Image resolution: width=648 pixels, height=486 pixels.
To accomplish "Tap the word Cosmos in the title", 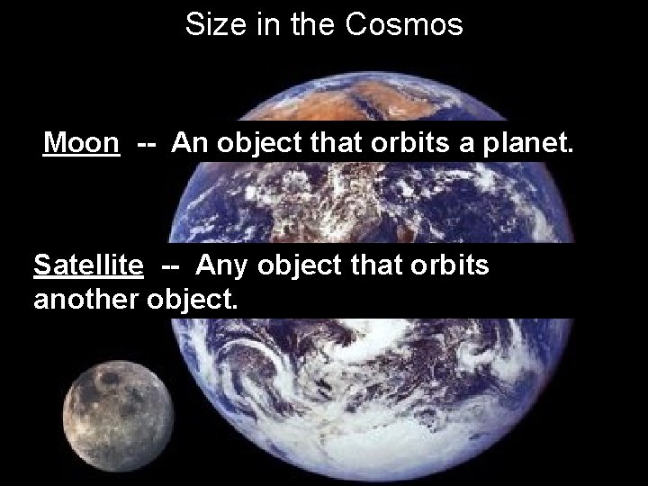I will click(x=405, y=24).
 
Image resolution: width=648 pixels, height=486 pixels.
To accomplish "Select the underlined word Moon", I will click(x=82, y=142).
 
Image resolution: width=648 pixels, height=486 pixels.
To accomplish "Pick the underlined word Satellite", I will click(x=88, y=265).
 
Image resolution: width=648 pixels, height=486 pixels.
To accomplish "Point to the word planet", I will click(x=531, y=142).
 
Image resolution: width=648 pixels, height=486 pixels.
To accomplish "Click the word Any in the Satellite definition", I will click(x=221, y=265).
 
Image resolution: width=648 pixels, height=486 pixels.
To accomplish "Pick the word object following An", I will click(x=254, y=142).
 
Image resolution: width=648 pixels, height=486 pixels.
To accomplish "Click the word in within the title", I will click(x=263, y=24).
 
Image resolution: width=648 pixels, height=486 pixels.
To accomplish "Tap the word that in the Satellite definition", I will click(x=376, y=265).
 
